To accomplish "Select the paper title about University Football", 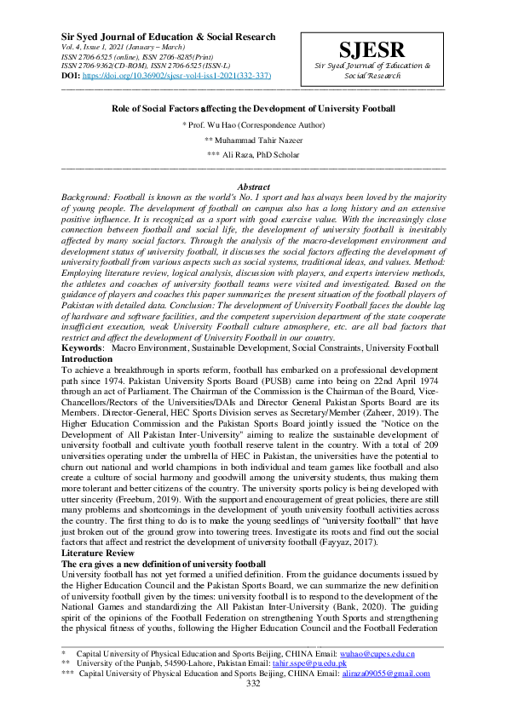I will [254, 109].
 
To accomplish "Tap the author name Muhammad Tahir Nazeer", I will [254, 139].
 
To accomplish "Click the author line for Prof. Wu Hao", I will [254, 124].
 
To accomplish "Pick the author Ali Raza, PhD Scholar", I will [254, 154].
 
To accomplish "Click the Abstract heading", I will [253, 186].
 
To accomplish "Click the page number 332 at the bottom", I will [253, 683].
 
